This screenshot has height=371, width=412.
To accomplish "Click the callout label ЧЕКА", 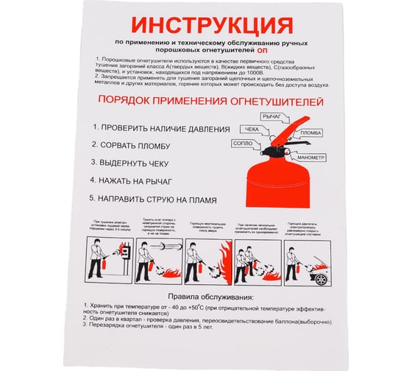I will tap(251, 130).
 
